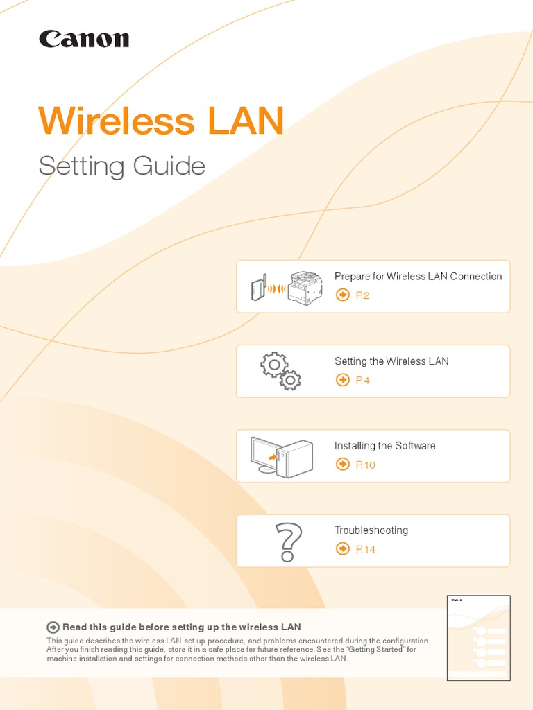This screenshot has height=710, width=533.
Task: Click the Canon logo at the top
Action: pyautogui.click(x=84, y=39)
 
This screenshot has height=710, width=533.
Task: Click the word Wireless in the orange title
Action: pyautogui.click(x=116, y=121)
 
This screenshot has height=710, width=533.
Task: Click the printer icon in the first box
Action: pyautogui.click(x=306, y=287)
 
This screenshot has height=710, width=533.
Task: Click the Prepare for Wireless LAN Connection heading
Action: pyautogui.click(x=418, y=276)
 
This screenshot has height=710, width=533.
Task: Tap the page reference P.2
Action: pyautogui.click(x=363, y=295)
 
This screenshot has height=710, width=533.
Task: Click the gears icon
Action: pyautogui.click(x=280, y=371)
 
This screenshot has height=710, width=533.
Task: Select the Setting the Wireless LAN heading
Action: pyautogui.click(x=391, y=361)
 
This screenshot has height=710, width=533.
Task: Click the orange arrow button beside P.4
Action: pyautogui.click(x=342, y=380)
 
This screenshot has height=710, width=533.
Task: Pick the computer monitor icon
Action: pyautogui.click(x=264, y=455)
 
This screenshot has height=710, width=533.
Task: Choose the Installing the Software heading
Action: pyautogui.click(x=385, y=446)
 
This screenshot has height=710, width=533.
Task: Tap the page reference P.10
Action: pyautogui.click(x=365, y=465)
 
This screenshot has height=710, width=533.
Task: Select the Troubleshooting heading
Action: pyautogui.click(x=371, y=530)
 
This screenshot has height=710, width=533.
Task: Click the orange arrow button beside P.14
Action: pyautogui.click(x=342, y=549)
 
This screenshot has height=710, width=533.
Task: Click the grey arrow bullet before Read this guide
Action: pyautogui.click(x=53, y=627)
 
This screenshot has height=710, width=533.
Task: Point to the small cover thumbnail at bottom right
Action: pyautogui.click(x=478, y=637)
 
